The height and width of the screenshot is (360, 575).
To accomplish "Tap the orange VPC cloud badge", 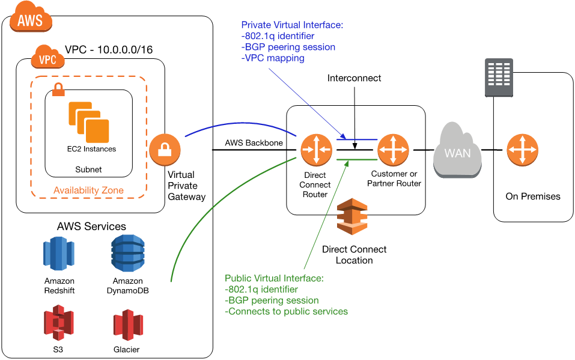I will click(48, 58).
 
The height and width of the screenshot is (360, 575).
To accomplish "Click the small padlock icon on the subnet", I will click(59, 90).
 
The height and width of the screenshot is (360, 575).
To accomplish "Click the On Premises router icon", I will click(522, 150).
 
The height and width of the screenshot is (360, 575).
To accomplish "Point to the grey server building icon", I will click(499, 78).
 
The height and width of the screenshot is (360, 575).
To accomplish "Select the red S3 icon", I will click(58, 323).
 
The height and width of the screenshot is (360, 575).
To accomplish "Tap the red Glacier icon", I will click(127, 325).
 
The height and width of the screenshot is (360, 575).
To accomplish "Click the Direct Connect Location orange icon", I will click(352, 217).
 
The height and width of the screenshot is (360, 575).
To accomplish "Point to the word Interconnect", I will click(354, 78).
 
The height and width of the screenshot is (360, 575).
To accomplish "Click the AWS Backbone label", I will click(253, 142).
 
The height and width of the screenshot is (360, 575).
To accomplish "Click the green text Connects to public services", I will click(286, 311).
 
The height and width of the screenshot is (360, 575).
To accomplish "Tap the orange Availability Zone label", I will click(88, 190).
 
